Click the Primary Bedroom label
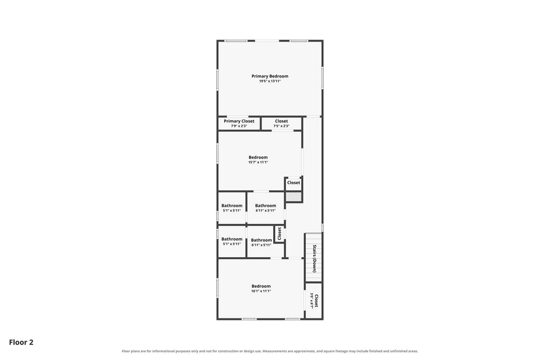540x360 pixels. (x=269, y=76)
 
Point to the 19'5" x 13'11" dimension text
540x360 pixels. (x=269, y=81)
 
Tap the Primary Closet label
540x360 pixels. (x=239, y=121)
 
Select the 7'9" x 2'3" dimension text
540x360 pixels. (x=239, y=126)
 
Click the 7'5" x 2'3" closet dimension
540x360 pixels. (x=282, y=126)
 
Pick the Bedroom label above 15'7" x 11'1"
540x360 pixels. (x=258, y=157)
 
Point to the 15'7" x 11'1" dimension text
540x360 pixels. (x=258, y=162)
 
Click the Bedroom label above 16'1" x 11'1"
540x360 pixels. (x=261, y=286)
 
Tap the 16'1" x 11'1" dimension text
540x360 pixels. (x=261, y=291)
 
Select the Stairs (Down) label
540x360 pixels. (x=314, y=258)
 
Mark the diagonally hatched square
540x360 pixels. (x=293, y=197)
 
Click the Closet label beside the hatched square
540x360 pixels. (x=294, y=183)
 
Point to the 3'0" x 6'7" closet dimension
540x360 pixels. (x=312, y=300)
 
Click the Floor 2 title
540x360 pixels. (x=21, y=342)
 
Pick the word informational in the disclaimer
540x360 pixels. (x=163, y=352)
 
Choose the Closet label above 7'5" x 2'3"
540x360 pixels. (x=282, y=121)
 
